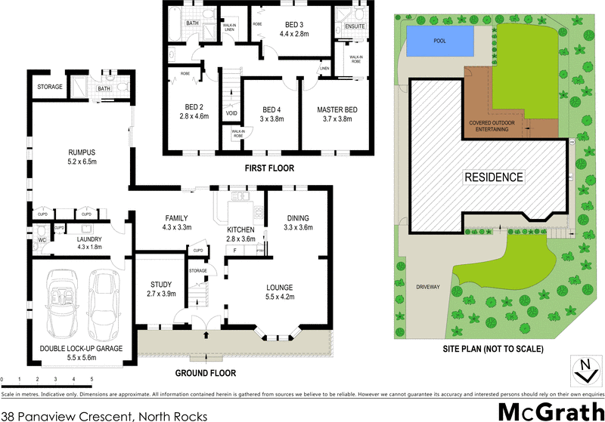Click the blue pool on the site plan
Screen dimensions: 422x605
click(x=440, y=41)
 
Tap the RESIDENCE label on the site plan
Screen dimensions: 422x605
click(x=493, y=177)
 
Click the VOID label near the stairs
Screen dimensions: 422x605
click(x=231, y=114)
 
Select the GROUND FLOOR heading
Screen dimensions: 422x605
click(x=206, y=373)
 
